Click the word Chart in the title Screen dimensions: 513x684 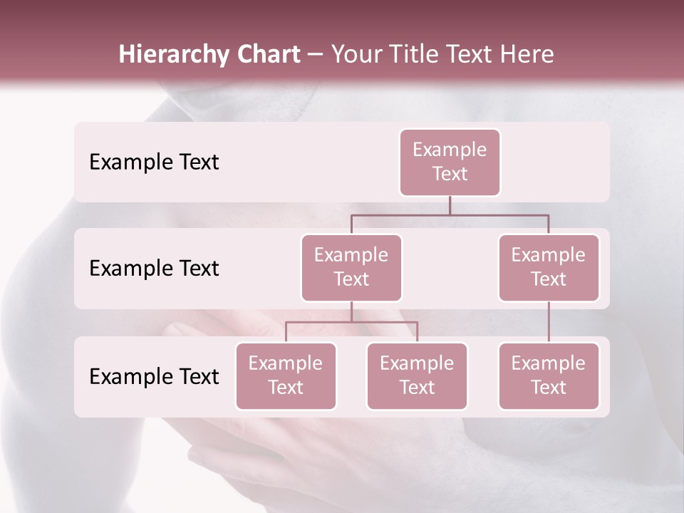(269, 55)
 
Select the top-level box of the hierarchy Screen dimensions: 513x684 (450, 162)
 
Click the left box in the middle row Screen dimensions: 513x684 (351, 267)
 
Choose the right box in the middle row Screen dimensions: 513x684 (549, 267)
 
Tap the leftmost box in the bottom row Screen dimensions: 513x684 (286, 375)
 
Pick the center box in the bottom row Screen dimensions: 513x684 (417, 375)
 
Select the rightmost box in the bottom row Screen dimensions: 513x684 (549, 375)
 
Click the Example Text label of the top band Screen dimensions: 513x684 (154, 162)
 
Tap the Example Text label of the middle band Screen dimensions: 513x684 (154, 268)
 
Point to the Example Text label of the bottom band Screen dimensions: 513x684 (154, 376)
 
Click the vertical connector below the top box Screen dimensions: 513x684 (450, 205)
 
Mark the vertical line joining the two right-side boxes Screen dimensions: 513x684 (549, 322)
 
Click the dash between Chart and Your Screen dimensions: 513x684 (316, 55)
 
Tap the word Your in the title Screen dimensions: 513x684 (355, 55)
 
